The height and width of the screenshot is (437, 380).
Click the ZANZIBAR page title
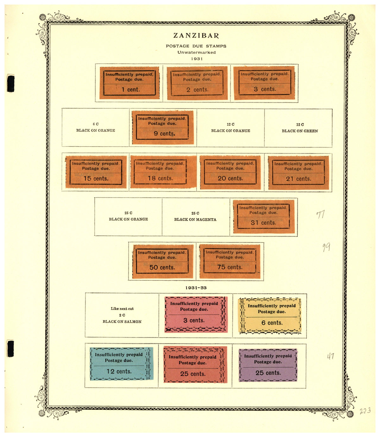(x=196, y=35)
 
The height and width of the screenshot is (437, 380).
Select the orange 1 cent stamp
(x=130, y=83)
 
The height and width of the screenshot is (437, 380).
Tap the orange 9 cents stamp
(x=163, y=128)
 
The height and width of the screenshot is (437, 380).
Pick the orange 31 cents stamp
(x=264, y=217)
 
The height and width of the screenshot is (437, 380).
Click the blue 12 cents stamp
(x=122, y=364)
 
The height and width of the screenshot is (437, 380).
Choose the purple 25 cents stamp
(x=268, y=365)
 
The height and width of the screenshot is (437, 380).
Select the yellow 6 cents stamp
(x=270, y=316)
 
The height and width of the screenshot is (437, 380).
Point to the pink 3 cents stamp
(x=196, y=314)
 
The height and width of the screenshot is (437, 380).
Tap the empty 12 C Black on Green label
(x=300, y=128)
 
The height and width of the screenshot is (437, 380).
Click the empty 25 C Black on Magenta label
(x=195, y=216)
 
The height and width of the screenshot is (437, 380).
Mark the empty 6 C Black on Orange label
(x=96, y=127)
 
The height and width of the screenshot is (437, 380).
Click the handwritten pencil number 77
(x=320, y=214)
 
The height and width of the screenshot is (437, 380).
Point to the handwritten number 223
(x=365, y=411)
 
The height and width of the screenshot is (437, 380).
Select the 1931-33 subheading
(x=196, y=288)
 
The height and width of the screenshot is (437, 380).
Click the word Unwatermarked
(x=197, y=52)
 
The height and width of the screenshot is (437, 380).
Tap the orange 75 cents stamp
(x=230, y=262)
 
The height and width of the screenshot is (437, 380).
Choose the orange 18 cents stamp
(x=163, y=172)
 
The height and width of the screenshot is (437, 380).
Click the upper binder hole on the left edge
(x=11, y=83)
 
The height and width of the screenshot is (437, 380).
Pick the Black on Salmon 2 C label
(x=122, y=315)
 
